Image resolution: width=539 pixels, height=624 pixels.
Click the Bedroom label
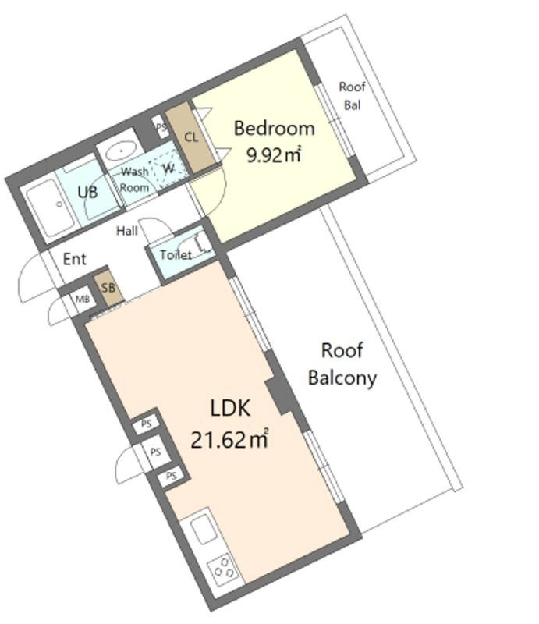(x=275, y=129)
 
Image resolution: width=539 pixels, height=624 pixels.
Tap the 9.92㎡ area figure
(x=274, y=154)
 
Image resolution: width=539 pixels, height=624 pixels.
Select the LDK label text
(x=230, y=408)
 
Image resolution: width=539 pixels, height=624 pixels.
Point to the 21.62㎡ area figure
(x=229, y=439)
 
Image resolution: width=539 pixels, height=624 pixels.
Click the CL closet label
(x=191, y=137)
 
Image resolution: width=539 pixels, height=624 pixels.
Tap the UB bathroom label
(x=87, y=192)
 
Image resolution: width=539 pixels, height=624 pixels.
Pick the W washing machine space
(x=168, y=169)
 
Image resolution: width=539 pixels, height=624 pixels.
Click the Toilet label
(x=176, y=254)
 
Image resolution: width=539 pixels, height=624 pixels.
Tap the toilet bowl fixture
(x=196, y=243)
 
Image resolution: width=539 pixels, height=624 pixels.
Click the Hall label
(x=126, y=230)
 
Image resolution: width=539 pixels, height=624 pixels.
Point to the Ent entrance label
(x=74, y=259)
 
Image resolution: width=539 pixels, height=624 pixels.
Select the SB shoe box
(x=108, y=288)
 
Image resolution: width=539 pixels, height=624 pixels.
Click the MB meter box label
(x=83, y=299)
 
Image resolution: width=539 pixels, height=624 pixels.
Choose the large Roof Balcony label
(x=342, y=364)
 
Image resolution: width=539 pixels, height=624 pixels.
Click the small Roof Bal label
(x=353, y=96)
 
